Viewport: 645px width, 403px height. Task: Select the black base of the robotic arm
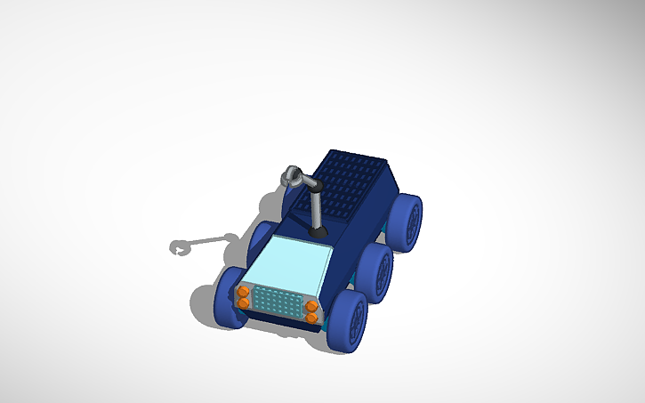tap(318, 232)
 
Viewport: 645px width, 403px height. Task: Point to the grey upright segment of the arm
tap(317, 208)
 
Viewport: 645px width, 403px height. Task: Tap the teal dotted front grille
tap(278, 302)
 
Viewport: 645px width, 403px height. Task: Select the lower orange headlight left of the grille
tap(242, 303)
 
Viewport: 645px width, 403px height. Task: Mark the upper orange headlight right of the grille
tap(312, 306)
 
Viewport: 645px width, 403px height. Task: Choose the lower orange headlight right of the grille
tap(312, 318)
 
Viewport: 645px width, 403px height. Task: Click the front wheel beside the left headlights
tap(227, 295)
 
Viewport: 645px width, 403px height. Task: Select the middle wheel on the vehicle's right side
tap(378, 271)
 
